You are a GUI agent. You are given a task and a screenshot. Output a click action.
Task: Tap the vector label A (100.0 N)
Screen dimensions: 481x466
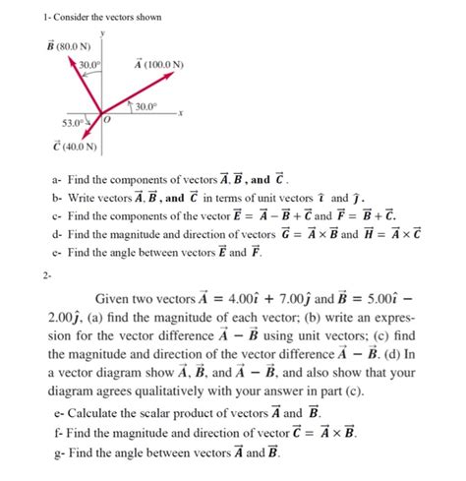[158, 65]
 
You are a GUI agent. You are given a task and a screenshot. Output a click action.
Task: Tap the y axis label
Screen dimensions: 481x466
[101, 30]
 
